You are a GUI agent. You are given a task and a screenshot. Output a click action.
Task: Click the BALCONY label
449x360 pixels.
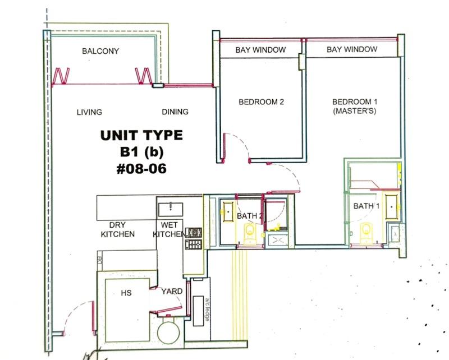100,51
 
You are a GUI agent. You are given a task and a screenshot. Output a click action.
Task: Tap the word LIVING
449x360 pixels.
89,112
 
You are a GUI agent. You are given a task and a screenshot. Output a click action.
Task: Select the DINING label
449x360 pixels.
175,112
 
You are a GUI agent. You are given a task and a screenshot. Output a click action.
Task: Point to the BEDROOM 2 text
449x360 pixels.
262,101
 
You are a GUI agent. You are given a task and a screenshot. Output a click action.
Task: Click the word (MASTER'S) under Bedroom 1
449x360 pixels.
354,111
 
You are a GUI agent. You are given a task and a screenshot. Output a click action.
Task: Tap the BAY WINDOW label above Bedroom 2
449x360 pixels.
260,50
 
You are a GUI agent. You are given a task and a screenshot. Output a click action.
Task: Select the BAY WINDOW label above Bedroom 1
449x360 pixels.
352,50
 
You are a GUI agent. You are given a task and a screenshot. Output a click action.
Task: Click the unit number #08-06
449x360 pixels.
141,168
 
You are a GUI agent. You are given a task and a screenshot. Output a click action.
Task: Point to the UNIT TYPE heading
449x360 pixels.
141,135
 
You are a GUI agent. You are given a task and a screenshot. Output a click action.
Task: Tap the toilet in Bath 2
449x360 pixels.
249,230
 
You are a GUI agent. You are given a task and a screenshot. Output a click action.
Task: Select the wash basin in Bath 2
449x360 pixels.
227,211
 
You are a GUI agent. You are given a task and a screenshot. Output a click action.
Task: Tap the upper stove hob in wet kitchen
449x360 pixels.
195,232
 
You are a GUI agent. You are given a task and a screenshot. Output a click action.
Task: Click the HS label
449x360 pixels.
126,292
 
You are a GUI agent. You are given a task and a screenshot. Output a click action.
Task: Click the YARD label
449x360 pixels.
171,292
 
